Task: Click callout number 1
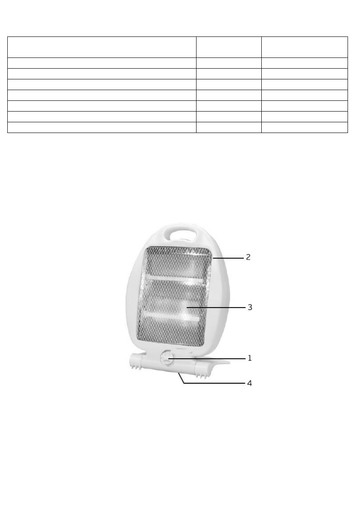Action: pos(250,358)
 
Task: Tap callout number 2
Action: pos(248,257)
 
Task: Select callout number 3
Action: pos(250,307)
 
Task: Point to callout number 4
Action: pos(250,383)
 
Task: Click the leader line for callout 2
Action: pos(228,258)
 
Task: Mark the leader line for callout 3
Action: pos(216,307)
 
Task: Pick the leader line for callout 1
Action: pos(207,359)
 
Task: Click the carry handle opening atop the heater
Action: pos(181,234)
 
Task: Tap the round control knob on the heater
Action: pos(166,358)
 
